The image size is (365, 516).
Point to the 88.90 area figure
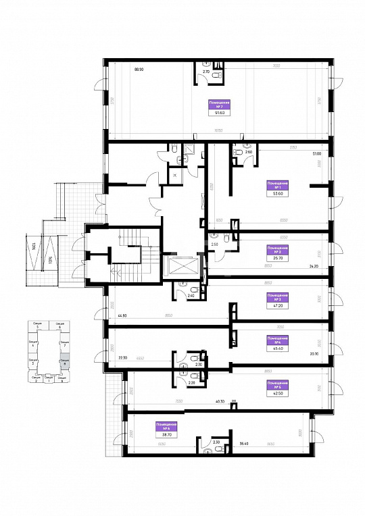(x=140, y=69)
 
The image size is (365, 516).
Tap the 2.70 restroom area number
(x=207, y=71)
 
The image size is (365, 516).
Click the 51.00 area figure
(x=316, y=153)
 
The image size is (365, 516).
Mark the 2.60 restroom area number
(x=248, y=153)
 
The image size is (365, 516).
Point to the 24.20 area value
(x=314, y=266)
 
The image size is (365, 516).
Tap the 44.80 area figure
(x=122, y=315)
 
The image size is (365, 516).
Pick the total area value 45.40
(x=276, y=349)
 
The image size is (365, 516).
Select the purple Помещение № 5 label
(x=276, y=386)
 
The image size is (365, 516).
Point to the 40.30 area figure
(x=220, y=401)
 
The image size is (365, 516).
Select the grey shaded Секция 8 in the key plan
(x=64, y=361)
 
